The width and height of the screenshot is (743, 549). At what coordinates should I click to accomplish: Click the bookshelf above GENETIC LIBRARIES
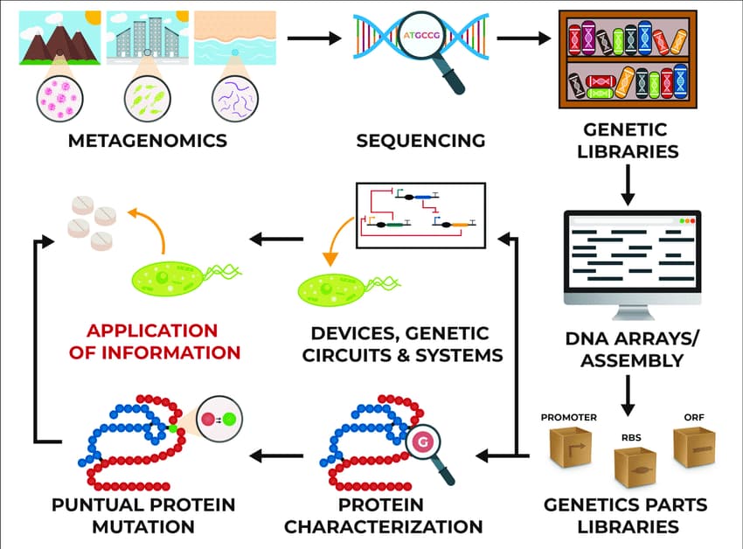point(628,59)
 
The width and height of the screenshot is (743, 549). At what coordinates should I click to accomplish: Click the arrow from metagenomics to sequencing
point(313,38)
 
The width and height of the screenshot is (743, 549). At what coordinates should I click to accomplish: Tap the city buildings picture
point(146,38)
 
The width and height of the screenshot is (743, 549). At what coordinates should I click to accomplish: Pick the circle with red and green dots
point(219,420)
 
